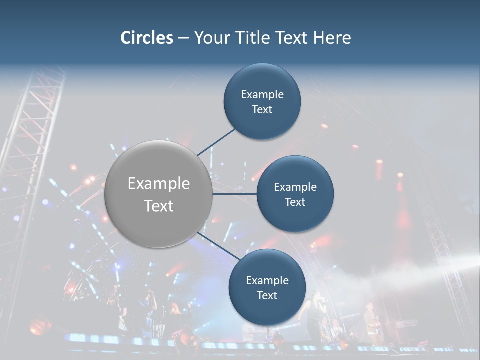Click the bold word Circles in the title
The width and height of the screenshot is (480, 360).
point(146,38)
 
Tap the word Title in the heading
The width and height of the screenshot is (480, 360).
point(255,38)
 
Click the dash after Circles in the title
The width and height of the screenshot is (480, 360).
point(183,38)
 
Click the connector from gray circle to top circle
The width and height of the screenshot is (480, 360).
point(216,142)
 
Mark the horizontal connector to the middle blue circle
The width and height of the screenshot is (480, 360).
point(234,194)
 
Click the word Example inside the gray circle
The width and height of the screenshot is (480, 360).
point(159,184)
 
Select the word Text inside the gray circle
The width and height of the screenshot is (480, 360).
point(159,206)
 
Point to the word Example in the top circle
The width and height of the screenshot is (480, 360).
point(262,94)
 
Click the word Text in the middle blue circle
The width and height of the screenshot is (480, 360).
point(295,202)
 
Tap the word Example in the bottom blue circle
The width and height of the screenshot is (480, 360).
point(267,280)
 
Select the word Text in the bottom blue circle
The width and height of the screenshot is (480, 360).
point(267,296)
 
